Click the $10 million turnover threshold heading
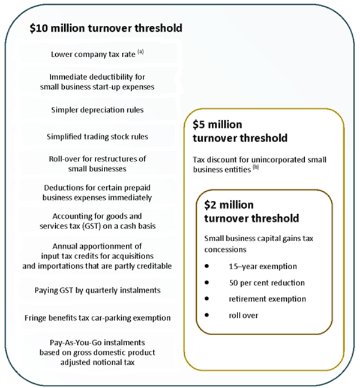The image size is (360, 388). pos(106,28)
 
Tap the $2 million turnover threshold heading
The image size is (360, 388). pos(251,211)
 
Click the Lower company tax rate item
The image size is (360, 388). pos(94,55)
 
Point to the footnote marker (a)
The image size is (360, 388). pos(141,52)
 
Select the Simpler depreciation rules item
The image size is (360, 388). pos(97,110)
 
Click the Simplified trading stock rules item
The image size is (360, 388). pos(97,136)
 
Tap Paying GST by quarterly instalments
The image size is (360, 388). pos(97,290)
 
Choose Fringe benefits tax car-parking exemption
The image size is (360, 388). pos(97,317)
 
